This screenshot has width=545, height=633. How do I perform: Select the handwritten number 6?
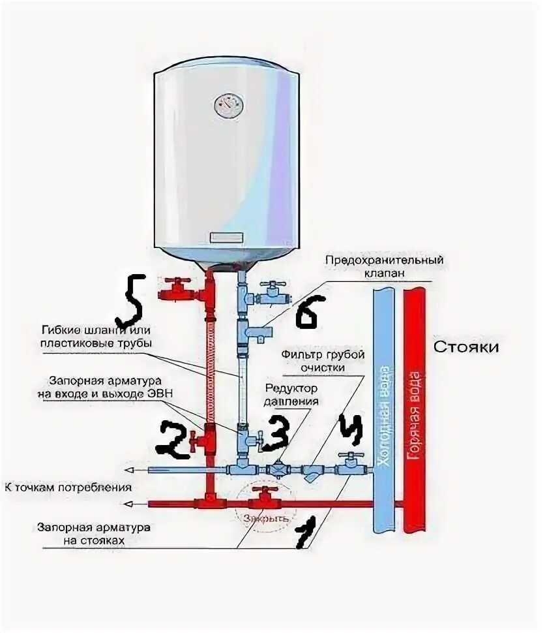click(306, 315)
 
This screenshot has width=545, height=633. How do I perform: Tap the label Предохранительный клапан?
click(385, 266)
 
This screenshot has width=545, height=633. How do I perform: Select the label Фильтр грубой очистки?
click(322, 361)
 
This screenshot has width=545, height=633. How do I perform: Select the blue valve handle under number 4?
click(352, 456)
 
